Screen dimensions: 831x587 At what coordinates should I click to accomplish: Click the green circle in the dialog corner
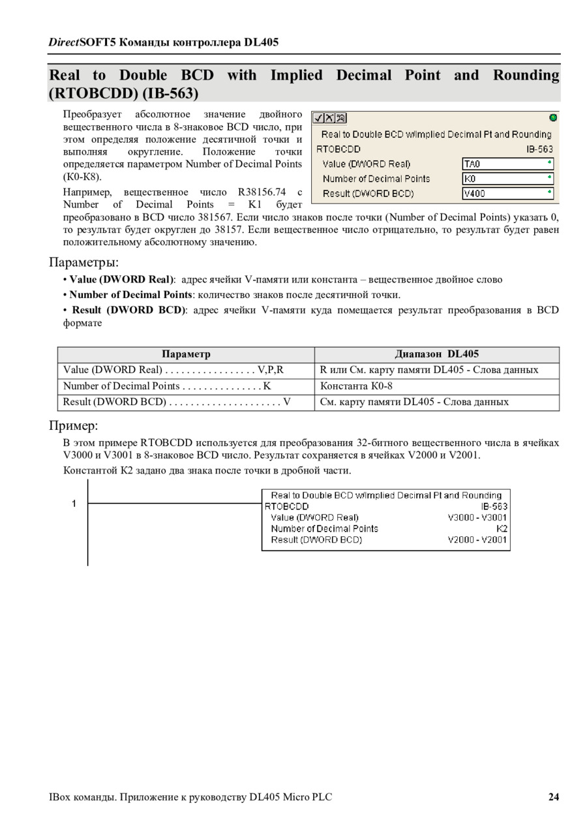pyautogui.click(x=553, y=118)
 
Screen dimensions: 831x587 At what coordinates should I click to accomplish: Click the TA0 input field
pyautogui.click(x=508, y=164)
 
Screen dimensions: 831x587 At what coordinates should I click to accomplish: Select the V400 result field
pyautogui.click(x=508, y=193)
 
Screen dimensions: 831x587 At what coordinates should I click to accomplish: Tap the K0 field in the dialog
pyautogui.click(x=508, y=178)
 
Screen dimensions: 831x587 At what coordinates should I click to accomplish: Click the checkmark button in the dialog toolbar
pyautogui.click(x=318, y=118)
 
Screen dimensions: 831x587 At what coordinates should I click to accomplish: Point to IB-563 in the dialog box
pyautogui.click(x=539, y=149)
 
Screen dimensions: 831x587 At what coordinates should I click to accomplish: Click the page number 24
pyautogui.click(x=554, y=796)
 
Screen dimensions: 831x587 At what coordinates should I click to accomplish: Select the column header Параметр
pyautogui.click(x=186, y=354)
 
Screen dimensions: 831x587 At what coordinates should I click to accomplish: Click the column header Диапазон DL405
pyautogui.click(x=436, y=354)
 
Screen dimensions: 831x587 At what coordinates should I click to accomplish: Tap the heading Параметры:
pyautogui.click(x=84, y=262)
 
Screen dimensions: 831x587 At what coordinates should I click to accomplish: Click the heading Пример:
pyautogui.click(x=74, y=426)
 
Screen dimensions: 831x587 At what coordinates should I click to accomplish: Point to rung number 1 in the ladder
pyautogui.click(x=74, y=503)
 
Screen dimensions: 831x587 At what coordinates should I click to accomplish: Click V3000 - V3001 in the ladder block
pyautogui.click(x=477, y=517)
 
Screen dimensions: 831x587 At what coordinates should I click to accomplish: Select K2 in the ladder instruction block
pyautogui.click(x=502, y=528)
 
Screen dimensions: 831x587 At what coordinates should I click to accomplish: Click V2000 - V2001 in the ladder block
pyautogui.click(x=477, y=539)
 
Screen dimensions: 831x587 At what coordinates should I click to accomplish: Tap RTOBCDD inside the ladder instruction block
pyautogui.click(x=287, y=506)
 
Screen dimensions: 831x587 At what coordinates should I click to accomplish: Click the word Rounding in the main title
pyautogui.click(x=526, y=75)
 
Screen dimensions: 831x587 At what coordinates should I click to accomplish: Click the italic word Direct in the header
pyautogui.click(x=63, y=42)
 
